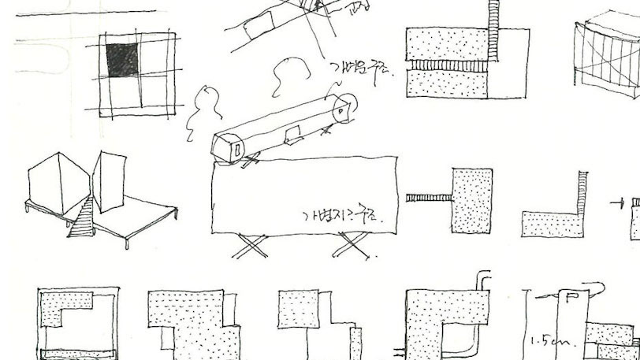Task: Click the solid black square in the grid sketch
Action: (121, 60)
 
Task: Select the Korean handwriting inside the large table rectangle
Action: (338, 215)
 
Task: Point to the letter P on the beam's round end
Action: (340, 111)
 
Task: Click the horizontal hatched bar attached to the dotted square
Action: (428, 197)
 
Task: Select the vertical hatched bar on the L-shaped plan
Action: (582, 193)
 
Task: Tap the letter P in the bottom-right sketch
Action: (570, 298)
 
